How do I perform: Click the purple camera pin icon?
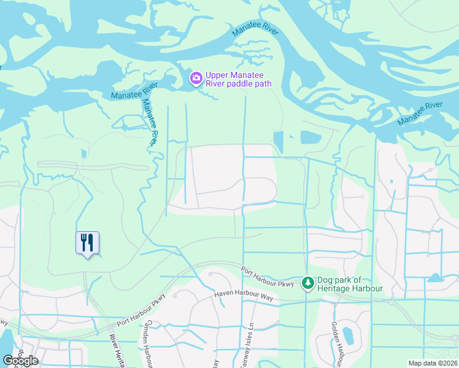coord(196,77)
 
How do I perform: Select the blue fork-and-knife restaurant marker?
coord(87,242)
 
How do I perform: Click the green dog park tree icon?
coord(307,283)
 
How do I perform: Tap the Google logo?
coord(21,360)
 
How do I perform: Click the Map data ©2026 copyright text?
coord(433,363)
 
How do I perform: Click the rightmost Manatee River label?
coord(420,113)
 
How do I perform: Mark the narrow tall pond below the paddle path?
coord(279,142)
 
